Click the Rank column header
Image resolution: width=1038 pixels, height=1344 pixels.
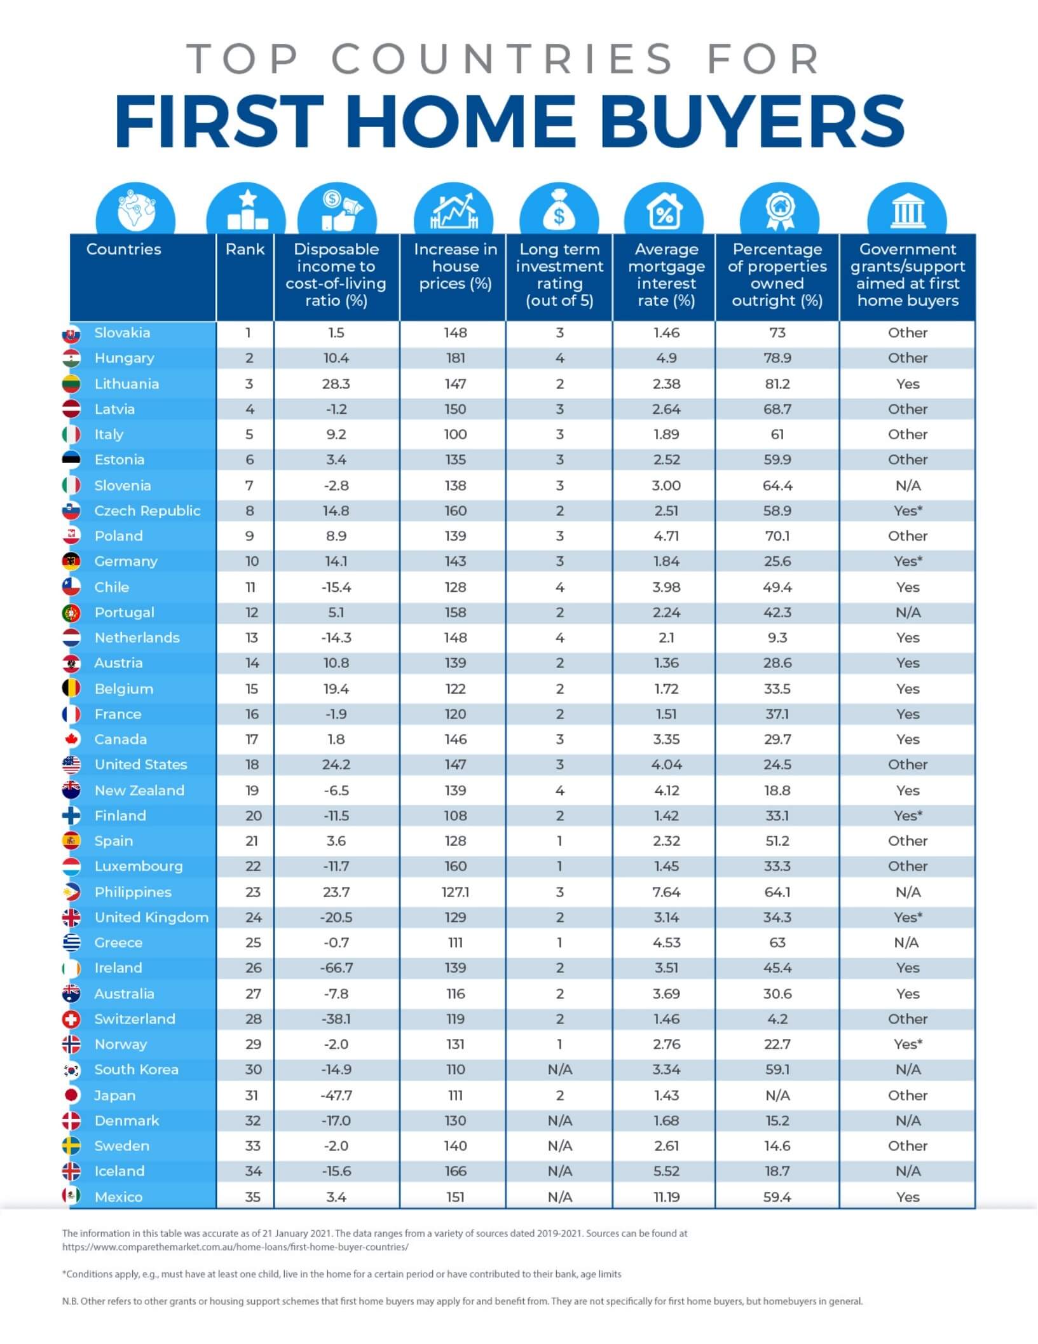pyautogui.click(x=245, y=249)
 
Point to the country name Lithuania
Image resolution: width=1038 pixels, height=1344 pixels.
pyautogui.click(x=126, y=384)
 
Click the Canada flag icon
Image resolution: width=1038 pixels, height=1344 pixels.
pyautogui.click(x=71, y=739)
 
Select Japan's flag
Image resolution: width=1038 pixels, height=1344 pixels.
pyautogui.click(x=71, y=1095)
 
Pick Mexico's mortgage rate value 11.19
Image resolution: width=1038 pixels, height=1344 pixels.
pyautogui.click(x=666, y=1197)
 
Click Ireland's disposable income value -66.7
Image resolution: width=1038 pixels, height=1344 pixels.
pyautogui.click(x=336, y=968)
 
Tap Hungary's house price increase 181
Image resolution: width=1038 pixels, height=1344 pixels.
pyautogui.click(x=455, y=358)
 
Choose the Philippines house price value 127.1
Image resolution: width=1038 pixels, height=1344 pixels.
pyautogui.click(x=455, y=892)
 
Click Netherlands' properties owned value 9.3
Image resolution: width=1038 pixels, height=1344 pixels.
pyautogui.click(x=777, y=638)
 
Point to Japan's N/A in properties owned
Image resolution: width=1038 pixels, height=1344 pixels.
pyautogui.click(x=777, y=1095)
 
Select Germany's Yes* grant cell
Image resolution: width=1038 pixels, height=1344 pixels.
pyautogui.click(x=908, y=561)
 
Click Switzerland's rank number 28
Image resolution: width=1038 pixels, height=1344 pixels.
pyautogui.click(x=253, y=1018)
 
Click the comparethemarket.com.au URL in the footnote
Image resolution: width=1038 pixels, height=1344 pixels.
pyautogui.click(x=235, y=1247)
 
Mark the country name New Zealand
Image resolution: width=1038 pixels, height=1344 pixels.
pyautogui.click(x=139, y=790)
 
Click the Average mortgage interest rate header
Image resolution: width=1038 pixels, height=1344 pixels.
pyautogui.click(x=666, y=275)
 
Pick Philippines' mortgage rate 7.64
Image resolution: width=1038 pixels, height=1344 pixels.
pyautogui.click(x=666, y=892)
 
